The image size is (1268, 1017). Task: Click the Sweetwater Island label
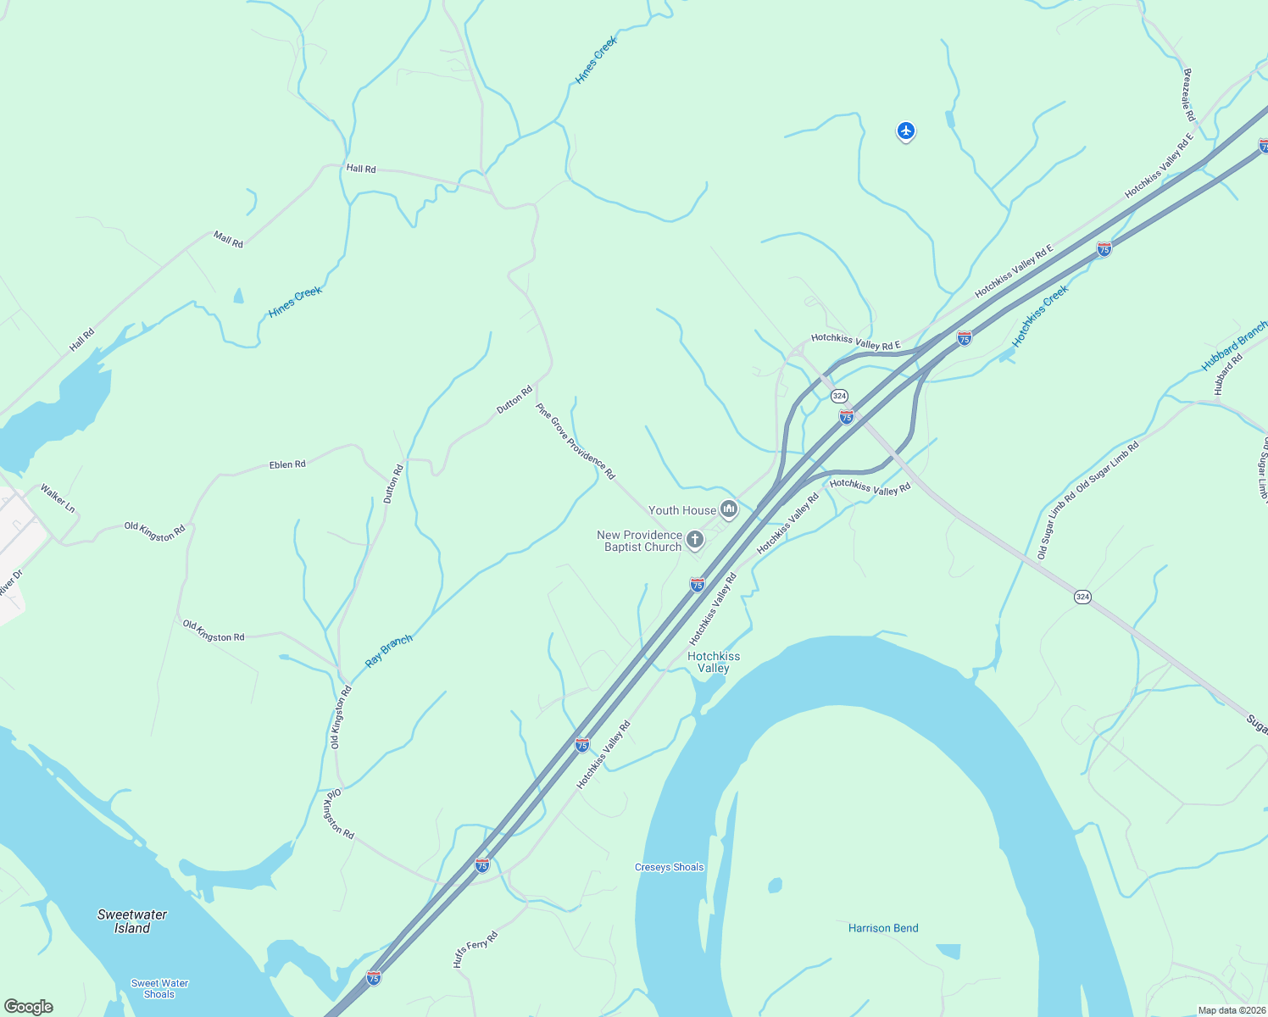point(132,921)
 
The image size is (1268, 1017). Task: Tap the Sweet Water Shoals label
point(159,989)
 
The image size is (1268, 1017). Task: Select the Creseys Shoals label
point(669,867)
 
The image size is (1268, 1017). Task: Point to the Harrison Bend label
point(883,928)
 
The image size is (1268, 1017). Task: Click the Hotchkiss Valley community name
point(714,662)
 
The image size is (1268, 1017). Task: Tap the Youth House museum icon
point(729,509)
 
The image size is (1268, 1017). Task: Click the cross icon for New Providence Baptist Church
point(695,540)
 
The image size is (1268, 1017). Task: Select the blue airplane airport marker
point(906,131)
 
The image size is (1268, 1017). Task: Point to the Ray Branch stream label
point(388,651)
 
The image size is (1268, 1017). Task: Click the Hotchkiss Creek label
point(1040,316)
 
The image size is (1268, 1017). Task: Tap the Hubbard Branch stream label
point(1233,346)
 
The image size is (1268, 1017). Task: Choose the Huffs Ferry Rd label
point(475,950)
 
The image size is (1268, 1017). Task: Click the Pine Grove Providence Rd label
point(576,441)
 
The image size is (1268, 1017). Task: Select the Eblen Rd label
point(287,464)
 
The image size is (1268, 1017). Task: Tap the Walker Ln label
point(58,499)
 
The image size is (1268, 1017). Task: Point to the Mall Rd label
point(229,239)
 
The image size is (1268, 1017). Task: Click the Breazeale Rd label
point(1188,95)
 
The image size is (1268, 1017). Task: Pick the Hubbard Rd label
point(1228,374)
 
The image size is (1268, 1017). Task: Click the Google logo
point(29,1007)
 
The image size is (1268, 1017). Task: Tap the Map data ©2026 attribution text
point(1231,1010)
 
